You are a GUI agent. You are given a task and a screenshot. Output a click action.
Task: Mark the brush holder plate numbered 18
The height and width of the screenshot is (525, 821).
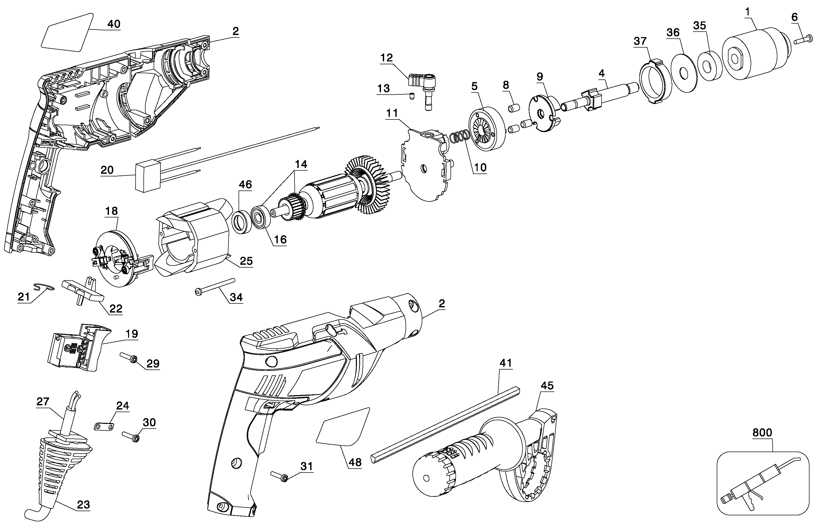(x=114, y=259)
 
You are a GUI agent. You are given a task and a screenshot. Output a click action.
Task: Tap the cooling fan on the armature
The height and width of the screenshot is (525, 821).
(x=368, y=188)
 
